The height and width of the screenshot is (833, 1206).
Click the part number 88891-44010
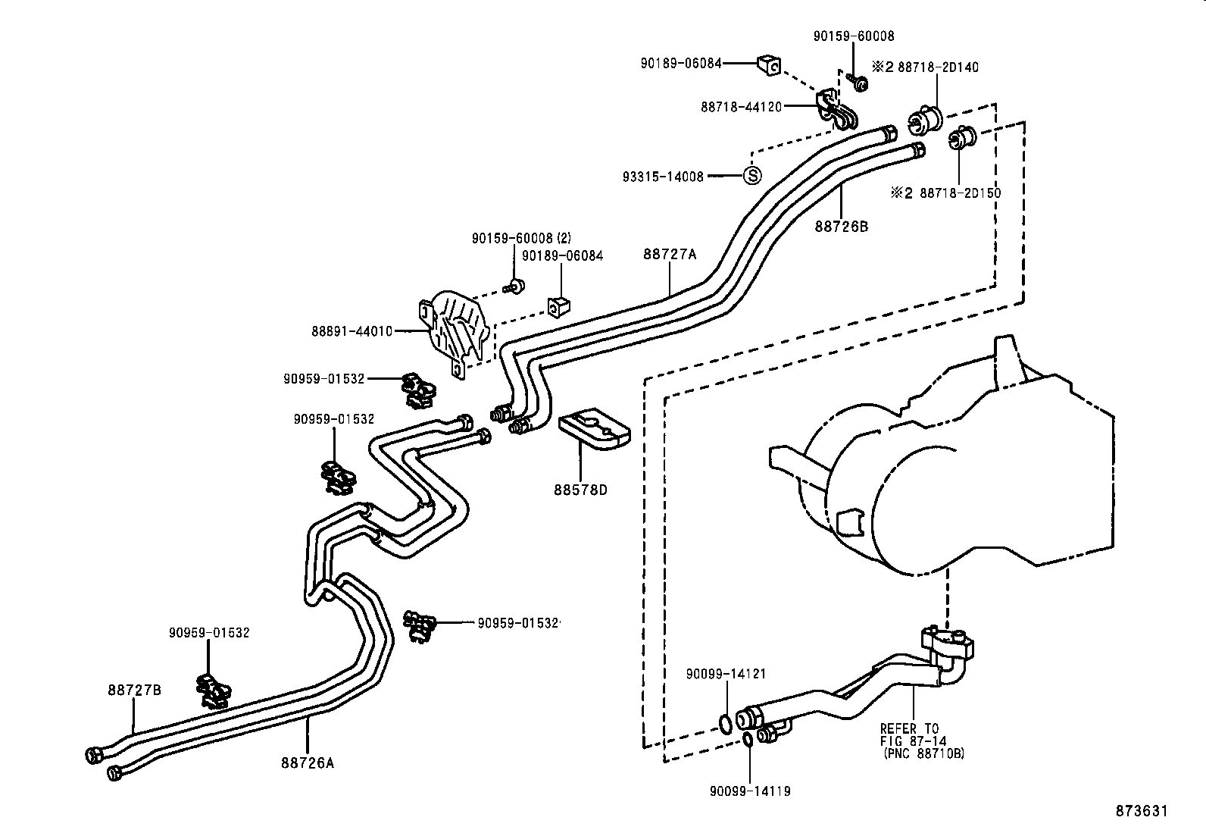[x=351, y=331]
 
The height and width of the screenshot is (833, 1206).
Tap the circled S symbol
[x=752, y=175]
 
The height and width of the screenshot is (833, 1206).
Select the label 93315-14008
[x=663, y=177]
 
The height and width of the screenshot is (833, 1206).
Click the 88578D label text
[x=580, y=490]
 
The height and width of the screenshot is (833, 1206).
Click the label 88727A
[x=670, y=255]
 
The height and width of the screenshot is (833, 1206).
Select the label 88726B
[x=842, y=226]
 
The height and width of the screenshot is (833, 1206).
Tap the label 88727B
[x=134, y=691]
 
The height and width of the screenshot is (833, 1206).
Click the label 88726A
[x=307, y=763]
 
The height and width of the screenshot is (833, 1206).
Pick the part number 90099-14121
[x=726, y=674]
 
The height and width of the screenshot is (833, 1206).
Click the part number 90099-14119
[x=750, y=791]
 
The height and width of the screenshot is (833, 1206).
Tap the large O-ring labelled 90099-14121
[x=725, y=724]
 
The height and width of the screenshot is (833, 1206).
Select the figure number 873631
[x=1142, y=811]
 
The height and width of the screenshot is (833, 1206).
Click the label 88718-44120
[x=741, y=107]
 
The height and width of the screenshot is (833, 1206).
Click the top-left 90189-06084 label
[x=681, y=64]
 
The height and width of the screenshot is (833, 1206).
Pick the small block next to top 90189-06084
[x=769, y=66]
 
